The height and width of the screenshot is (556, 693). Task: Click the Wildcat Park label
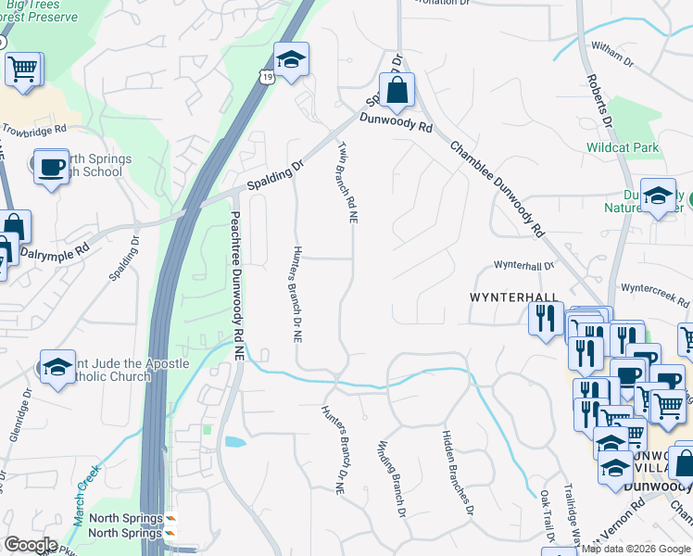click(622, 147)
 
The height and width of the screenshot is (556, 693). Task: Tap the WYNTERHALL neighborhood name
click(514, 297)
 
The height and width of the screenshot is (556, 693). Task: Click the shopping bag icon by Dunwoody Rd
click(396, 91)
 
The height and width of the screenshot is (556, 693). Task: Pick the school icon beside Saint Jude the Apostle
click(57, 368)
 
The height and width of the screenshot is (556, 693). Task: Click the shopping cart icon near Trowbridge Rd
click(23, 68)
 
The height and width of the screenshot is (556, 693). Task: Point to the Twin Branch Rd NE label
click(347, 182)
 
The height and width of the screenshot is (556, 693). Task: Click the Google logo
click(31, 545)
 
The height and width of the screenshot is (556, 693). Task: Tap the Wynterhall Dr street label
click(523, 265)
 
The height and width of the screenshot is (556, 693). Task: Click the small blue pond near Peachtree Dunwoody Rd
click(233, 442)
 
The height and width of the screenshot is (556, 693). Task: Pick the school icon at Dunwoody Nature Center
click(658, 196)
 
